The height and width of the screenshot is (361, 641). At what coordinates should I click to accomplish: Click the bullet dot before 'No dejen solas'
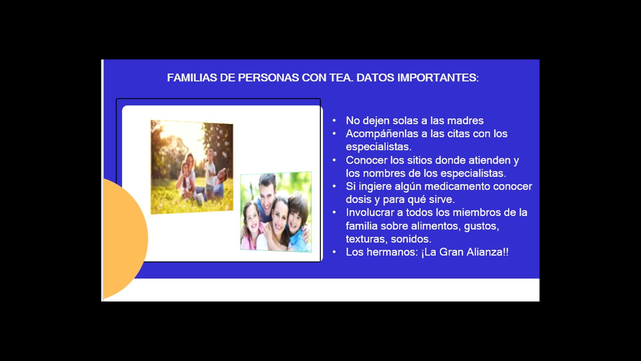pos(334,121)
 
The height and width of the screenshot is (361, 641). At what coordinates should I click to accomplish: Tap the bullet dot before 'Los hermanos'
pos(334,252)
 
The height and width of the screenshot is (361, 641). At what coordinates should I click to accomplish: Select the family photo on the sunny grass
pos(192,167)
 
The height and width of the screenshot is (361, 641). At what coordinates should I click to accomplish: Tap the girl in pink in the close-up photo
pos(252,224)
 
